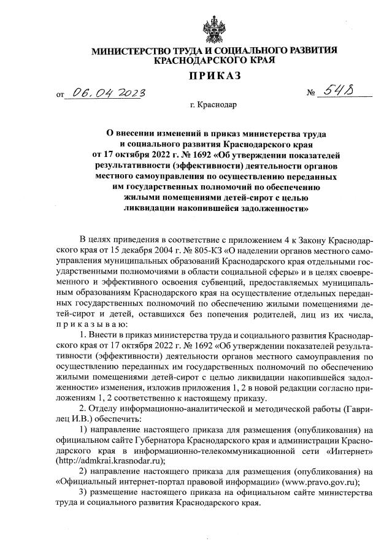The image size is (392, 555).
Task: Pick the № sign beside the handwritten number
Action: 312,94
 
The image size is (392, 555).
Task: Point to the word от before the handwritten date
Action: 59,96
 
